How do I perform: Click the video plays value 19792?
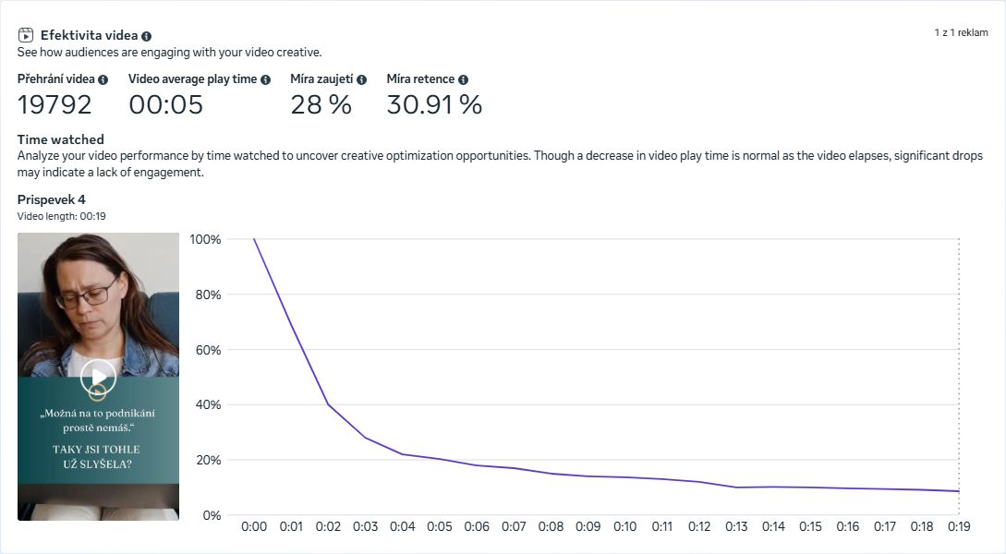pos(55,104)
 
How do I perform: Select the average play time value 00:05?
pos(165,104)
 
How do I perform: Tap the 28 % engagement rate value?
pos(321,104)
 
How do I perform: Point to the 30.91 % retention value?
pos(434,104)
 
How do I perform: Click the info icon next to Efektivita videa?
pos(147,36)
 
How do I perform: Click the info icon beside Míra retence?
pos(463,80)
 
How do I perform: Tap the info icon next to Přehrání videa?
pos(103,80)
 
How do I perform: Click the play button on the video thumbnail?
pos(98,377)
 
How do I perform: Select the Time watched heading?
pos(60,139)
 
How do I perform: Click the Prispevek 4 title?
pos(51,199)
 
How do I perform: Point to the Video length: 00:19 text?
pos(63,216)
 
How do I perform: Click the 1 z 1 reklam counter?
pos(961,32)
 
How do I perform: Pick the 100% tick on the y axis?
pos(205,239)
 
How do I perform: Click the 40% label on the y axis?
pos(208,404)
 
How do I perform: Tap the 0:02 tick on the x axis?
pos(328,526)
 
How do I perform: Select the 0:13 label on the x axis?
pos(736,526)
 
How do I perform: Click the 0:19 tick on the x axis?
pos(959,526)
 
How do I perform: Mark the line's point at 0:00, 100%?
pos(254,239)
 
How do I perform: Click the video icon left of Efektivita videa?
pos(26,35)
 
